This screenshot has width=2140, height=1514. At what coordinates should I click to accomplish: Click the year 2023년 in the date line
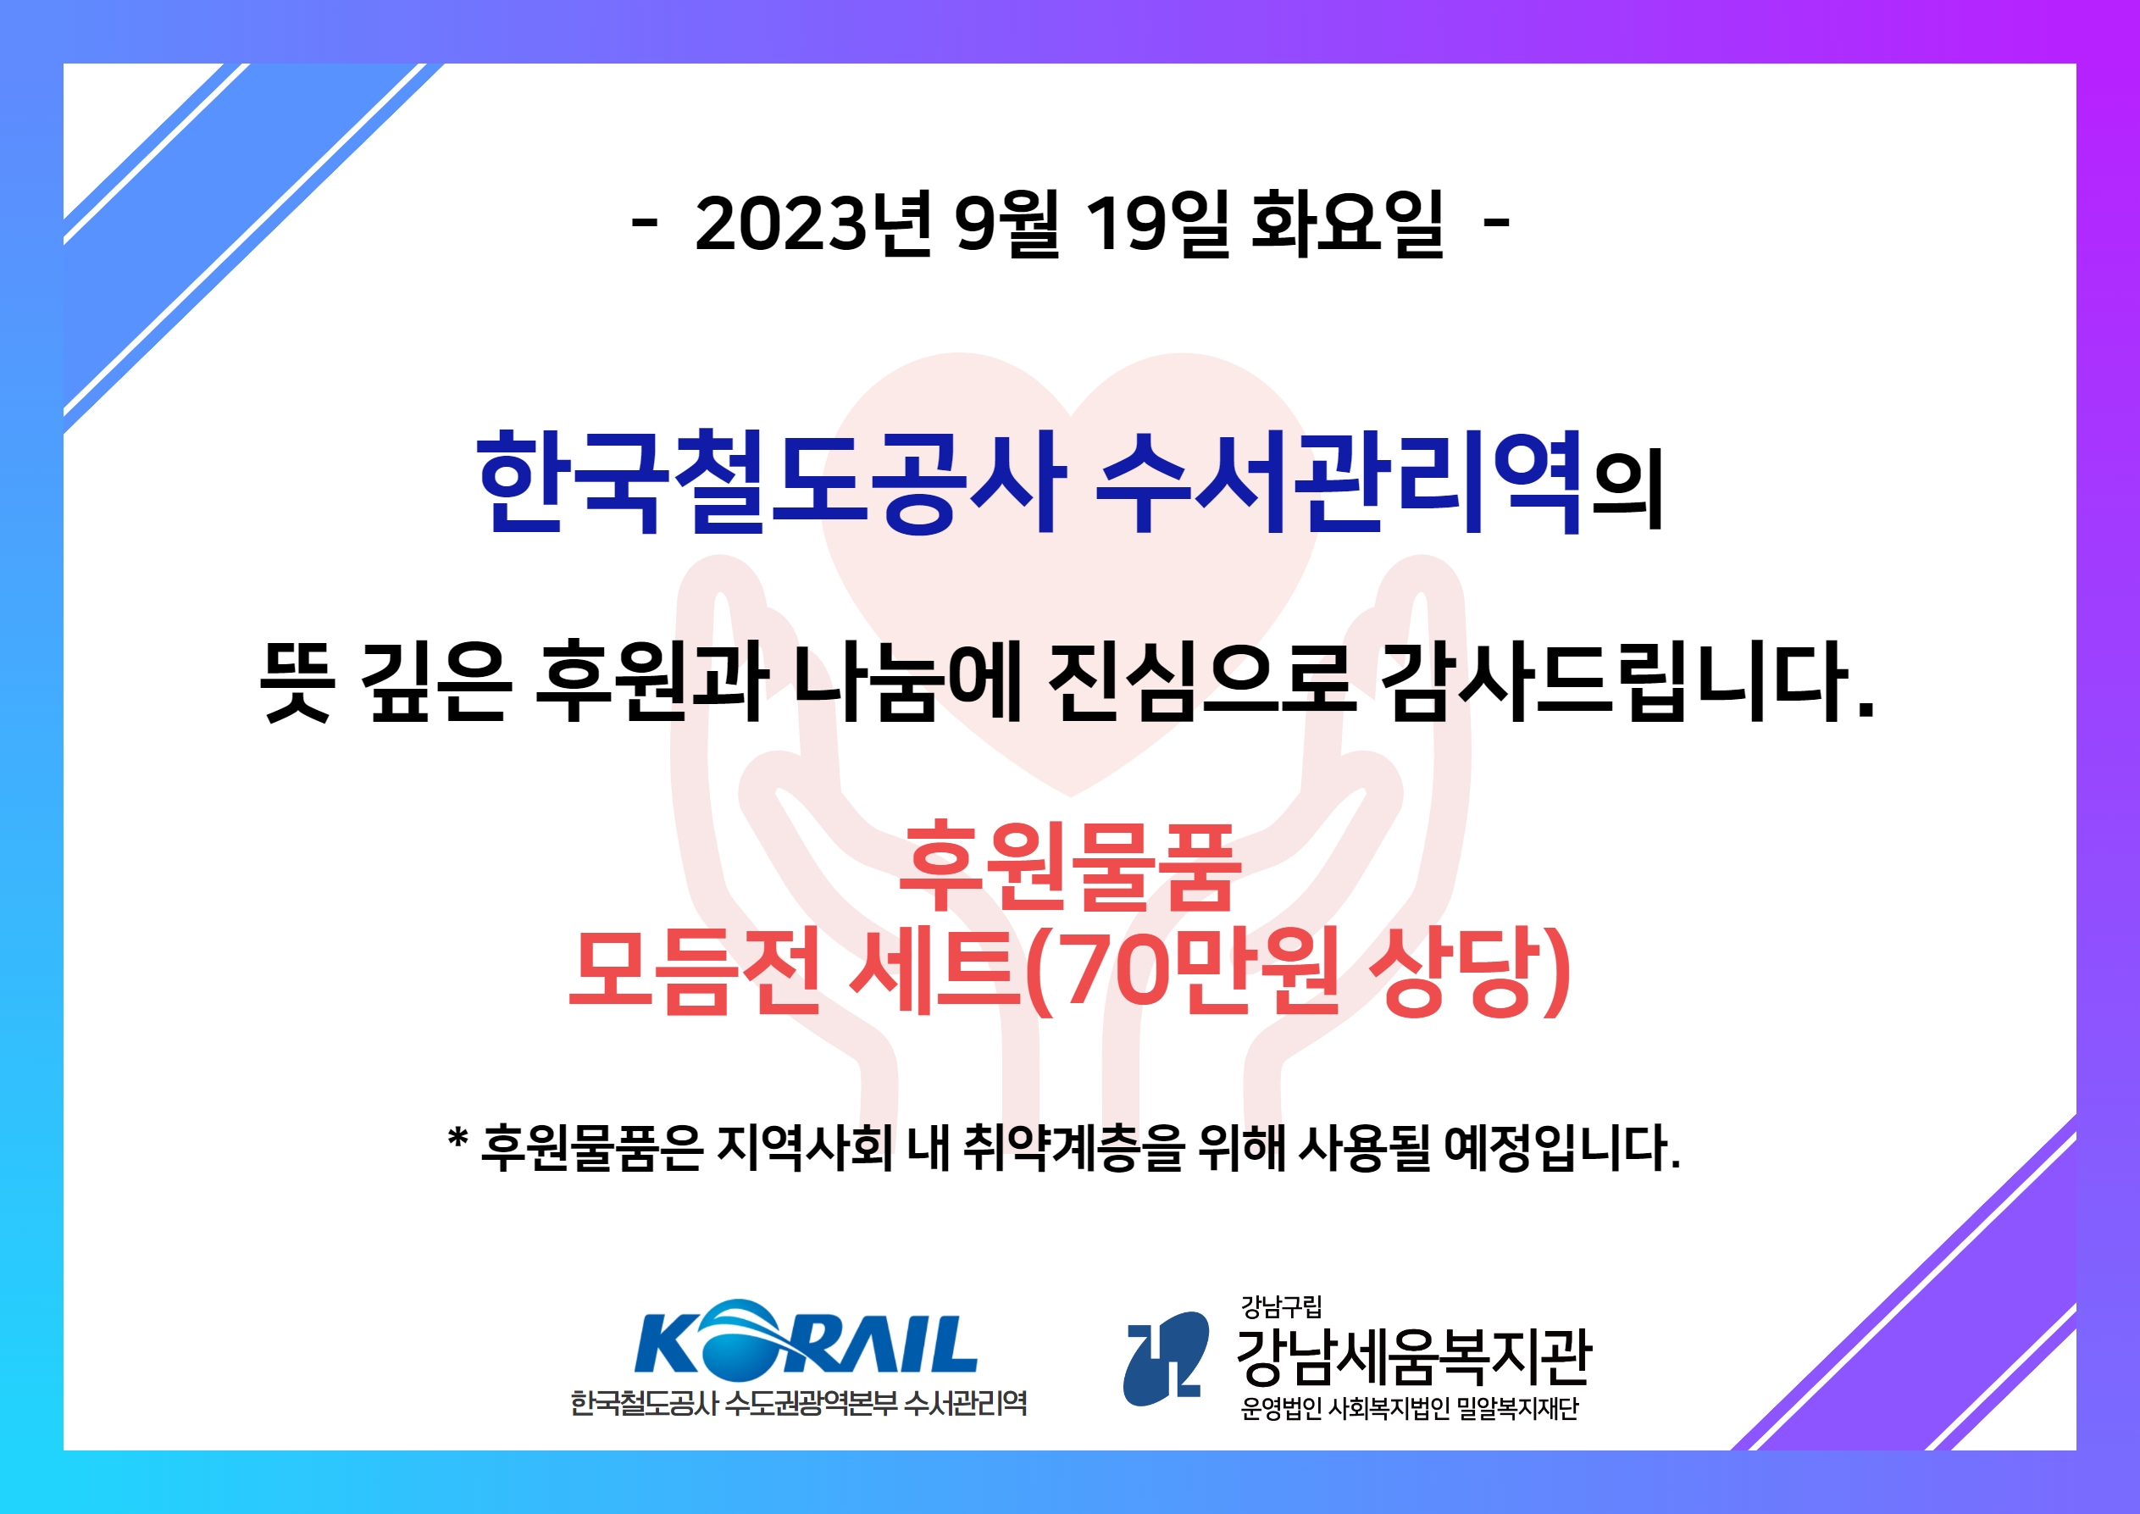pos(812,223)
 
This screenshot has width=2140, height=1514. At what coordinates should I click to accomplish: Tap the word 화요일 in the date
pos(1347,223)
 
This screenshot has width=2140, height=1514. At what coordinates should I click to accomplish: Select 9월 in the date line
pos(1007,223)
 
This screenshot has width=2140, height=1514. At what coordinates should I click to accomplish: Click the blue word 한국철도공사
pos(771,482)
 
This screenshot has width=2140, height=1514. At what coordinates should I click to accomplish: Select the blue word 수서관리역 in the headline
pos(1339,482)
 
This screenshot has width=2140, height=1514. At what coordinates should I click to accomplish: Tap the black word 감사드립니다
pos(1627,681)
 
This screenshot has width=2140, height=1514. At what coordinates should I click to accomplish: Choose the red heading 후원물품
pos(1070,866)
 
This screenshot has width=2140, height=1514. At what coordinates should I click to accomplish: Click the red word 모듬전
pos(695,972)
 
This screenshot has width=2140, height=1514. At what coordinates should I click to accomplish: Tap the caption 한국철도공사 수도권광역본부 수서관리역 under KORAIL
pos(799,1403)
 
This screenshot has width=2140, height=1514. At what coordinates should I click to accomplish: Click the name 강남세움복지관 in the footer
pos(1413,1357)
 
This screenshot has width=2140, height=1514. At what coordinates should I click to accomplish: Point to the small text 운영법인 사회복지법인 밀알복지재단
pos(1409,1409)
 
